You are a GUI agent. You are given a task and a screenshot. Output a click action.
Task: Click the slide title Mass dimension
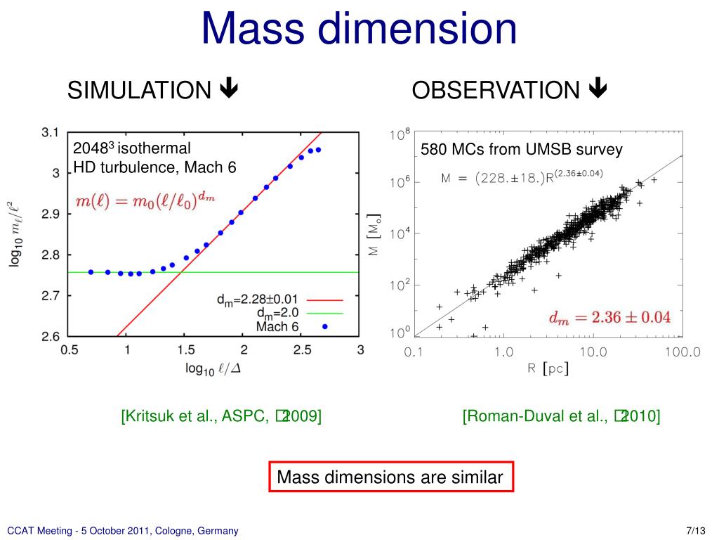[x=359, y=29]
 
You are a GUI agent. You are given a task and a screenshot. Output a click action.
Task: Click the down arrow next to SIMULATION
[x=229, y=89]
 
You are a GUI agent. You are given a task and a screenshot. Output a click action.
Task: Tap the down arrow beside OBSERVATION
[x=598, y=89]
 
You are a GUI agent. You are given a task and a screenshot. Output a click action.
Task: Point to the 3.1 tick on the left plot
[x=50, y=132]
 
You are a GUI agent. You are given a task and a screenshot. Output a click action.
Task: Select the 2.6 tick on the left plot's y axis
[x=50, y=336]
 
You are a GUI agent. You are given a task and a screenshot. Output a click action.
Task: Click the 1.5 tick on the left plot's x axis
[x=185, y=349]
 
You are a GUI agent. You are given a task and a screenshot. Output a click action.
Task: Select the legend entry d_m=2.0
[x=279, y=313]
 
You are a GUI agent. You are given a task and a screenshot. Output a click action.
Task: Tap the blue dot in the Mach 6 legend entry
[x=324, y=326]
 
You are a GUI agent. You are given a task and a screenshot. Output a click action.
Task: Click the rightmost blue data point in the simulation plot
[x=318, y=150]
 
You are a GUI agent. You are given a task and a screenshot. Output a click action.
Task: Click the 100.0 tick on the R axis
[x=682, y=352]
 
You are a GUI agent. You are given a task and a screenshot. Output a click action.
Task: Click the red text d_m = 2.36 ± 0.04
[x=609, y=317]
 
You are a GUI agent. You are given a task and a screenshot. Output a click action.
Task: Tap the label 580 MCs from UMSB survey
[x=521, y=150]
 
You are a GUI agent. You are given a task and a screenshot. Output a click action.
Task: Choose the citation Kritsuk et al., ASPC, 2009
[x=222, y=416]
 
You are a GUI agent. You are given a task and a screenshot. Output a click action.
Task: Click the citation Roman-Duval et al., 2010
[x=561, y=416]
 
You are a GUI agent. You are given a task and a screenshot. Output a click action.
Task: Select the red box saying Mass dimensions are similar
[x=390, y=477]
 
